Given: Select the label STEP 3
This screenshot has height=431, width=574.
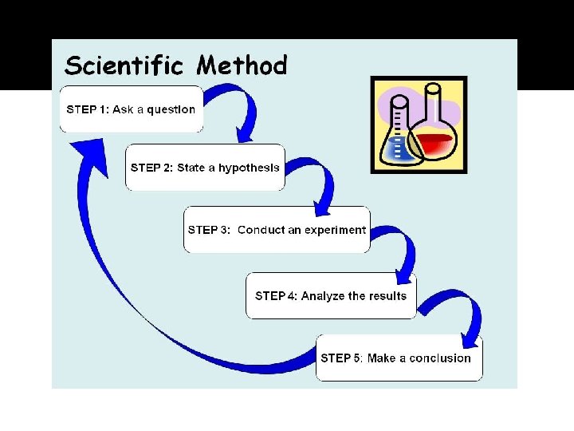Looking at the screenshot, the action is tap(209, 230).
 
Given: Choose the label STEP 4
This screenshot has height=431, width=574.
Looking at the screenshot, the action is tap(276, 296).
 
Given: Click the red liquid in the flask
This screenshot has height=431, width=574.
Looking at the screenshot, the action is tap(433, 144).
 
